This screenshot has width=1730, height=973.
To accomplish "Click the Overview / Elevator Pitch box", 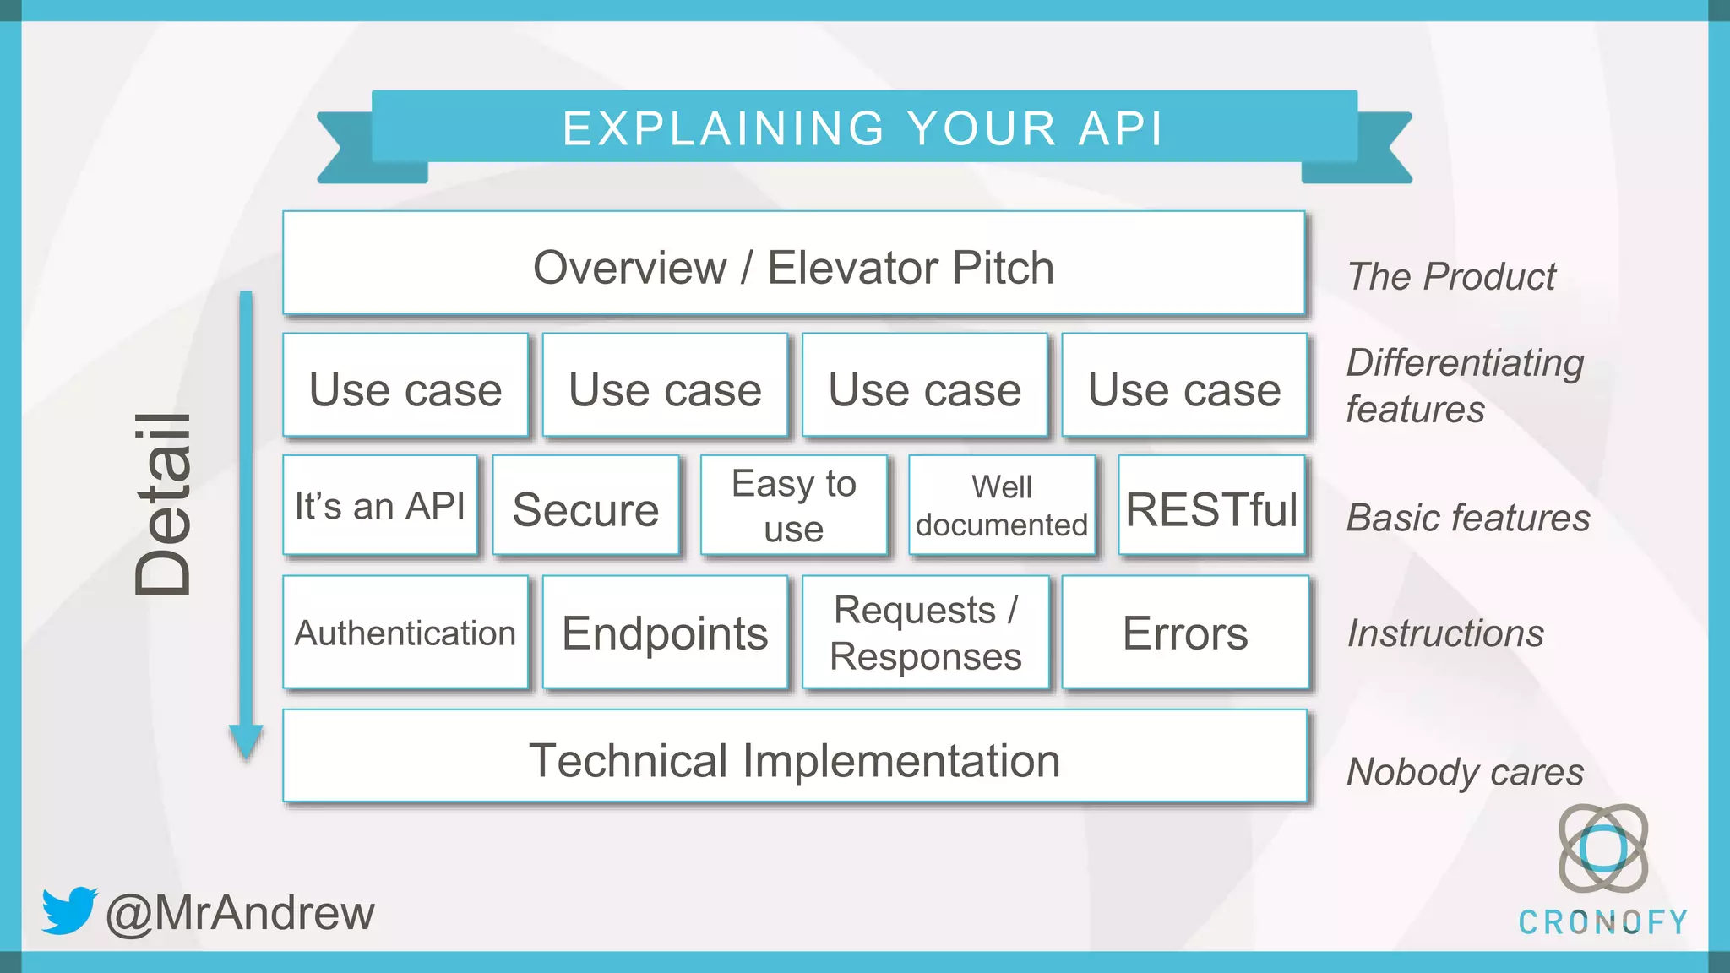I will point(794,264).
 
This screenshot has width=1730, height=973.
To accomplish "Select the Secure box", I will point(585,507).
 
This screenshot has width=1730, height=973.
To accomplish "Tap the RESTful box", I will point(1211,507).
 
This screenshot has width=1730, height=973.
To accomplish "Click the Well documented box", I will point(1002,506).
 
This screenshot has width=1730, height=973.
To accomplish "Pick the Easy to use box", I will point(794,506).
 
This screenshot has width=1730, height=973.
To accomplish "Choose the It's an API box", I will point(380,506).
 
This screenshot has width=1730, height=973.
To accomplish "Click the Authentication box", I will point(405,633).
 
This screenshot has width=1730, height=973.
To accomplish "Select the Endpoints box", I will point(665,633).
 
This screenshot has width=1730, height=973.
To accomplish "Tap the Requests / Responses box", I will point(925,633).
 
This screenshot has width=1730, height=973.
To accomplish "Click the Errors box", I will point(1184,633).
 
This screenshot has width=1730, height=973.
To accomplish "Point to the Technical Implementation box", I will point(794,758).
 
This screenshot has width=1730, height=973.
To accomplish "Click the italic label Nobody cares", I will point(1465,772).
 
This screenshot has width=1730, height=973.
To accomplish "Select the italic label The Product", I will point(1451,277).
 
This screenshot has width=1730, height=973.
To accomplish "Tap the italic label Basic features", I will point(1468,518).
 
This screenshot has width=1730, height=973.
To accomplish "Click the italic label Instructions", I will point(1445,633).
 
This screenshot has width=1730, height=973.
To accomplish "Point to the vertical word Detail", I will point(164,504).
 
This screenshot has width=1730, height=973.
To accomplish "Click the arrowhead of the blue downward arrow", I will point(246,741).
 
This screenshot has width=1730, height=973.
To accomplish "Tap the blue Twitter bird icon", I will point(69,910).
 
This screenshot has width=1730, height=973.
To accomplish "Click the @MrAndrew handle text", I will point(241,913).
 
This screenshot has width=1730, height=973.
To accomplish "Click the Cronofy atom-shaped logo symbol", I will point(1602,848).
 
